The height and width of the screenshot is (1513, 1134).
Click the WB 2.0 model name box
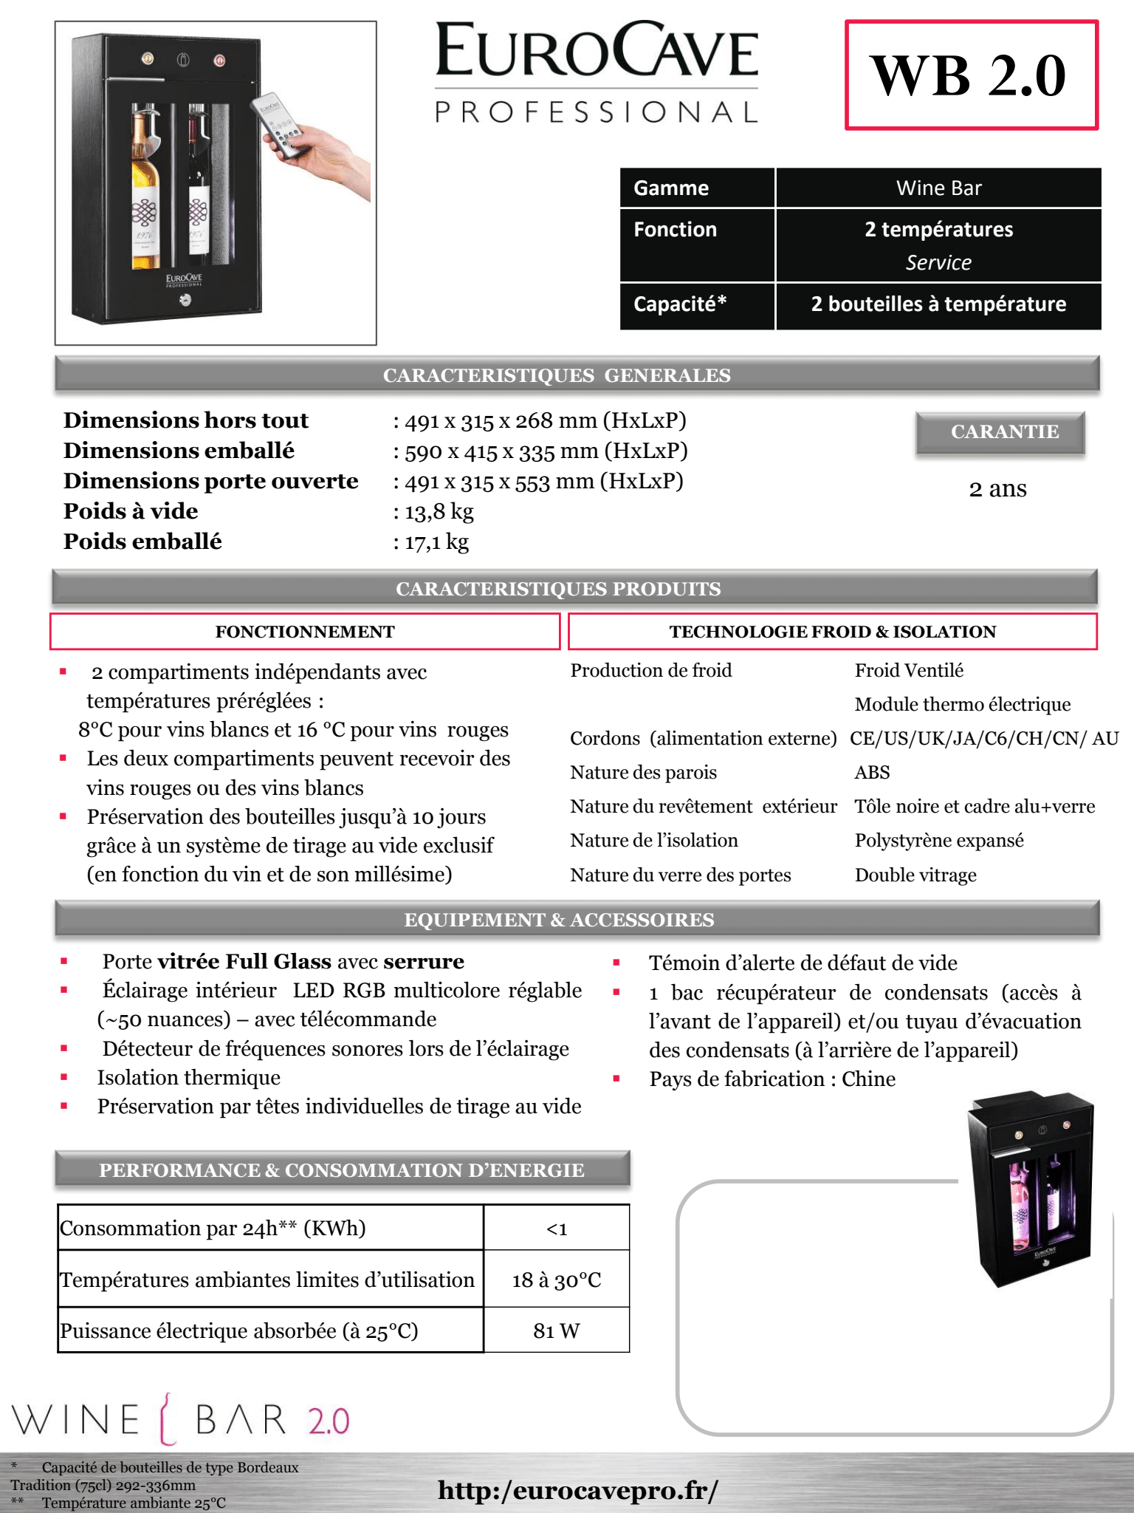tap(971, 75)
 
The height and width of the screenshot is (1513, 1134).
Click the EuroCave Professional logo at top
tap(597, 72)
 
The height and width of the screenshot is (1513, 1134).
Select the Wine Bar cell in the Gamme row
tap(938, 188)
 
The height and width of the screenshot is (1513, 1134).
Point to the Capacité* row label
tap(680, 304)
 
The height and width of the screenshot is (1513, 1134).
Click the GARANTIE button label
tap(1004, 432)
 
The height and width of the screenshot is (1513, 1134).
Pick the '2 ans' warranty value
tap(997, 489)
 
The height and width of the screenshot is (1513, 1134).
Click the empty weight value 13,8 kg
tap(439, 512)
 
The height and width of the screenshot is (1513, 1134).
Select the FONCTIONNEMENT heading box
tap(305, 632)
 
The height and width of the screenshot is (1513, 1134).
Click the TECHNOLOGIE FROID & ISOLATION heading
tap(832, 632)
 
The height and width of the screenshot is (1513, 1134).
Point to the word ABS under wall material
tap(872, 773)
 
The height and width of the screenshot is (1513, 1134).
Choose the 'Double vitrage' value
tap(915, 875)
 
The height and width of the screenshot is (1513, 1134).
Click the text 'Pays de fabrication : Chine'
tap(772, 1079)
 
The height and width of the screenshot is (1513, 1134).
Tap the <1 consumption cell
tap(557, 1229)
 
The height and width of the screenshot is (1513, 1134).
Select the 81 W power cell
tap(557, 1331)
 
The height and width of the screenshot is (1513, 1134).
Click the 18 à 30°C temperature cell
tap(557, 1280)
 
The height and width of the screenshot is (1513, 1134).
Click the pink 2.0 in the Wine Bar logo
tap(329, 1421)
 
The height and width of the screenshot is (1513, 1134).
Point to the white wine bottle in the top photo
tap(145, 192)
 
